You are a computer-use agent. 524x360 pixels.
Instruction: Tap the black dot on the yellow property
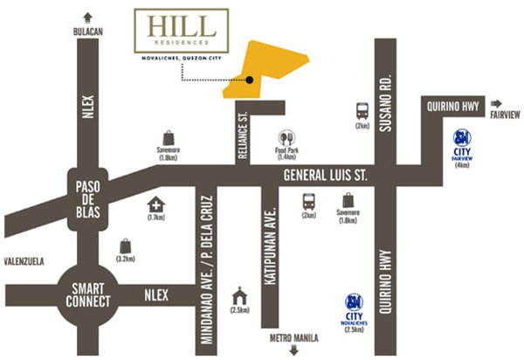click(250, 80)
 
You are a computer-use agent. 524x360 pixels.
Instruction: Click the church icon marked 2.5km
click(236, 294)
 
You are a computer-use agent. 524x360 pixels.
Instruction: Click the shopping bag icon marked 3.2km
click(126, 246)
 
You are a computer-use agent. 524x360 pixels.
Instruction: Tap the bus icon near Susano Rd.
click(362, 111)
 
